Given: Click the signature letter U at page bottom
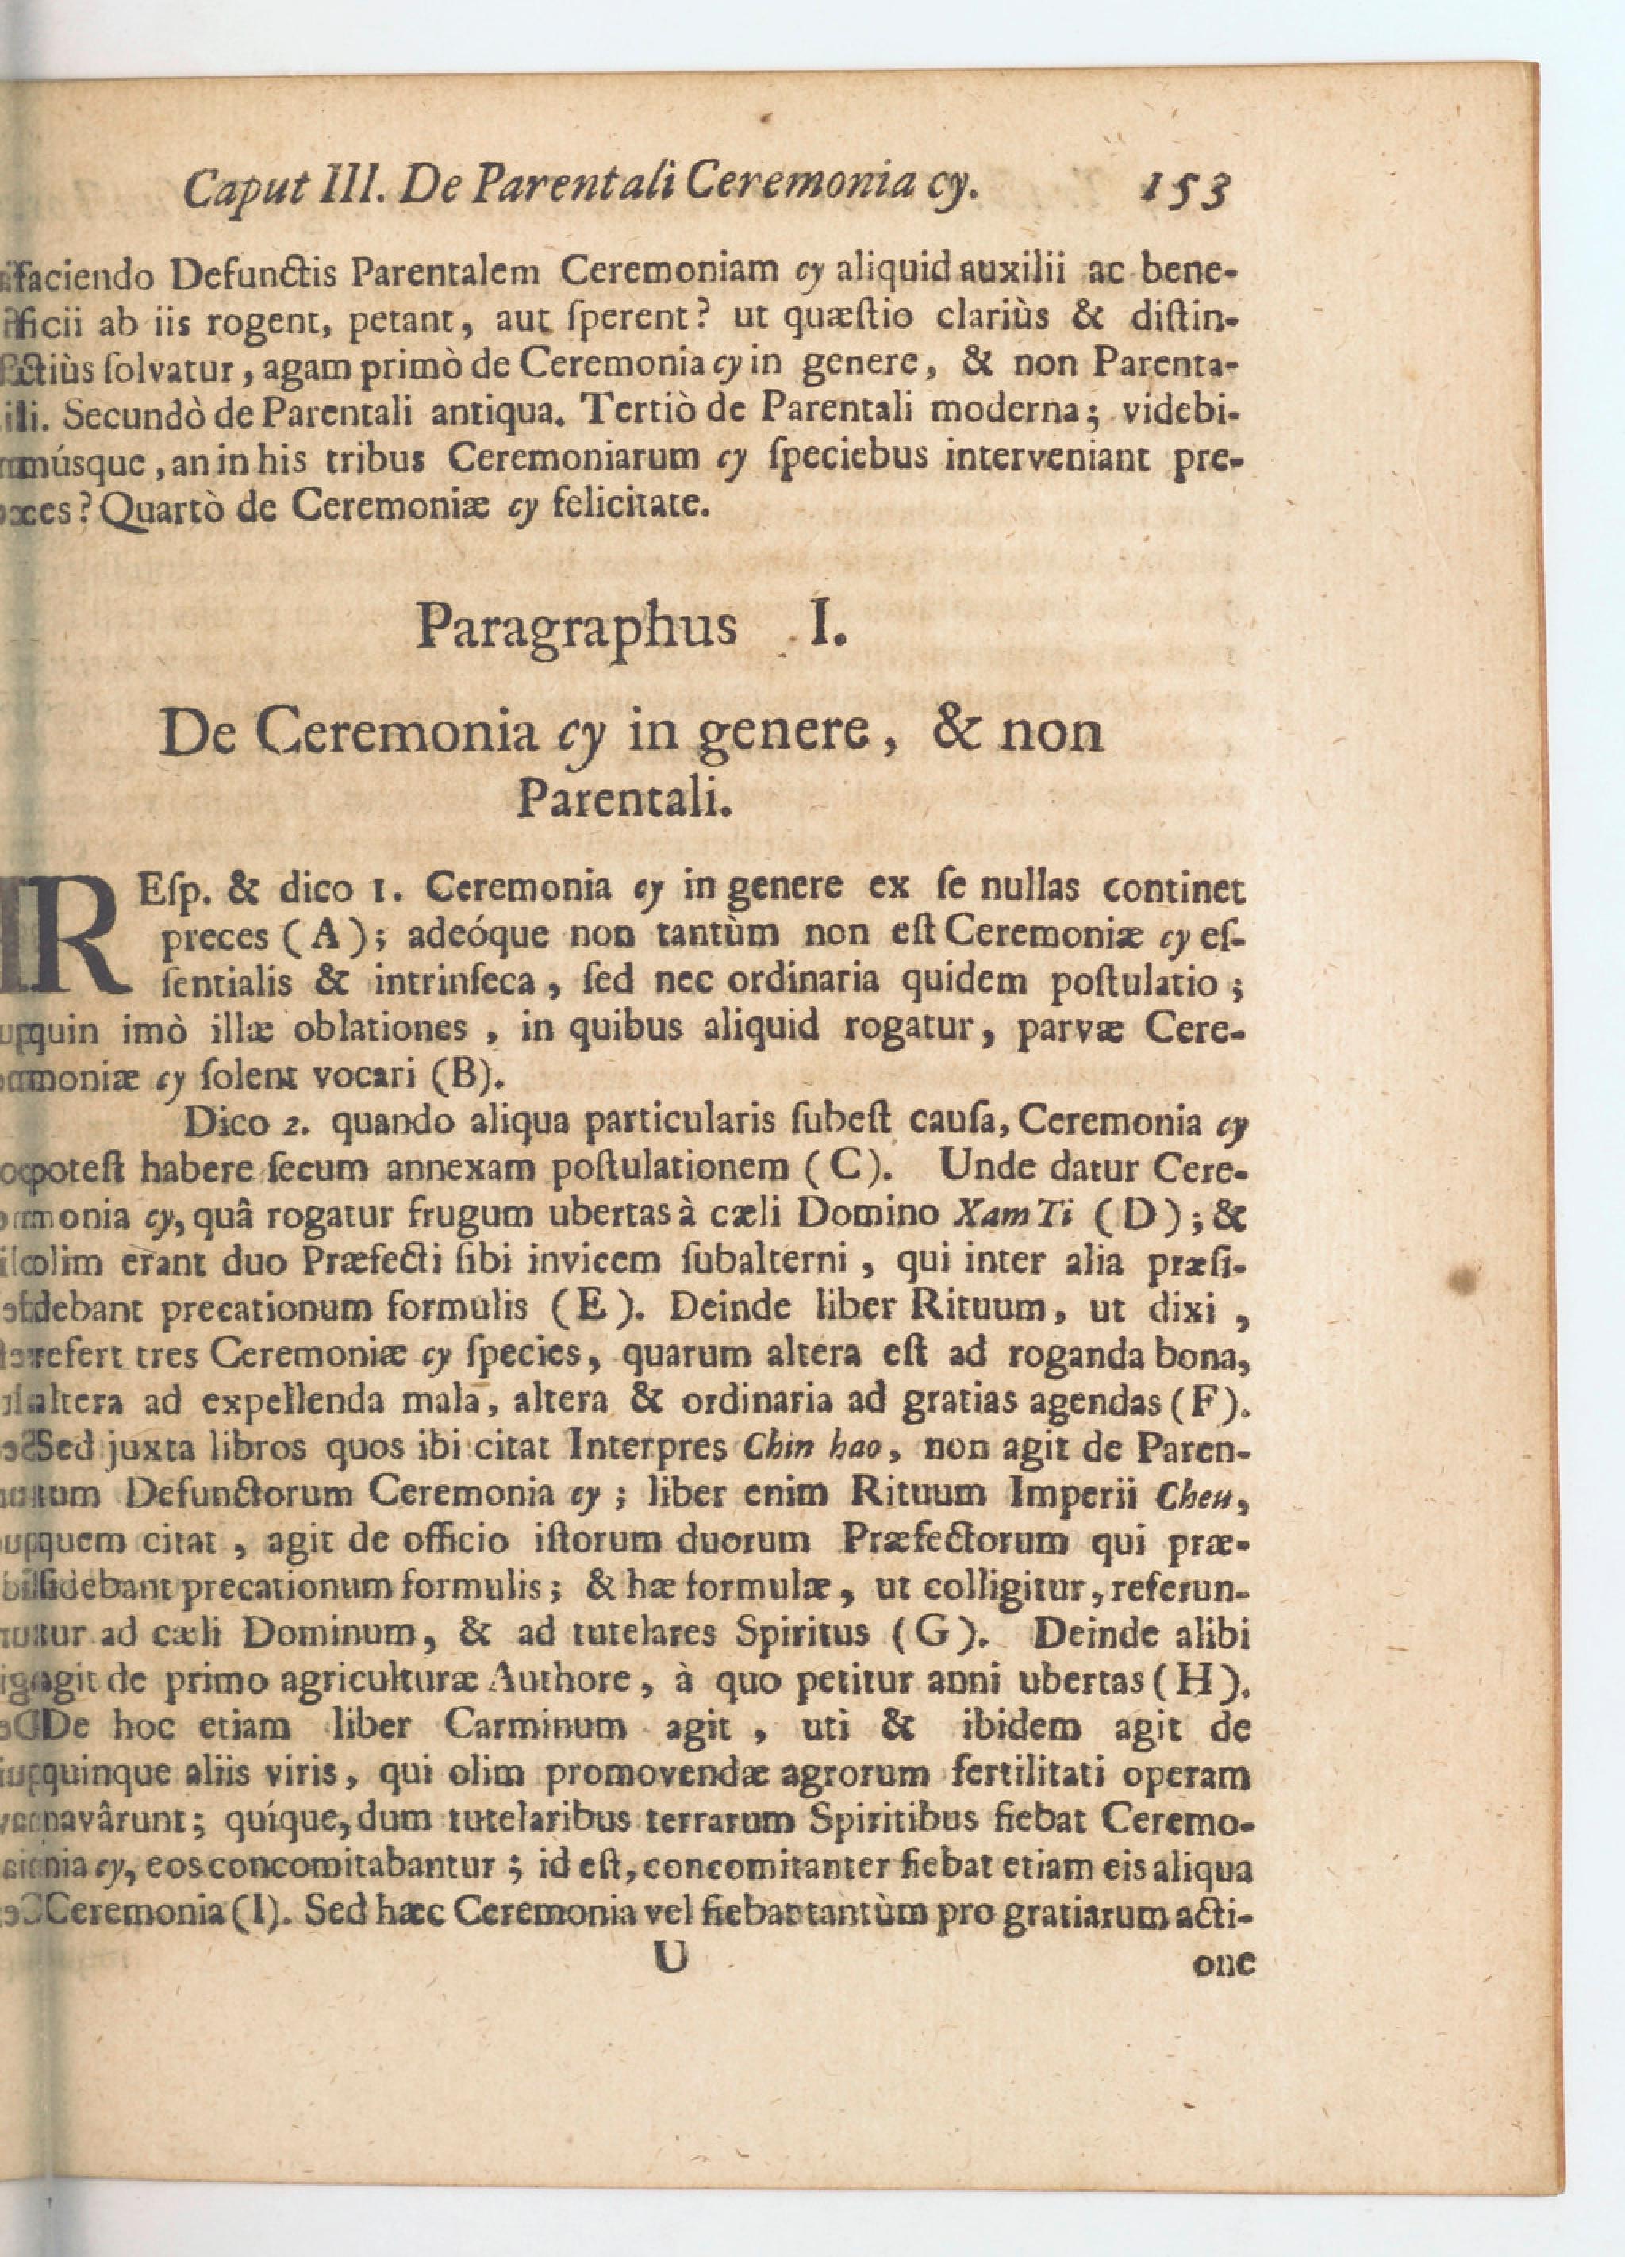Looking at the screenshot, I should [672, 1959].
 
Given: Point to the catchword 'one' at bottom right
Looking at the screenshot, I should [1224, 1964].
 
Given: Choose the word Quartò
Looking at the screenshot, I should [167, 510].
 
